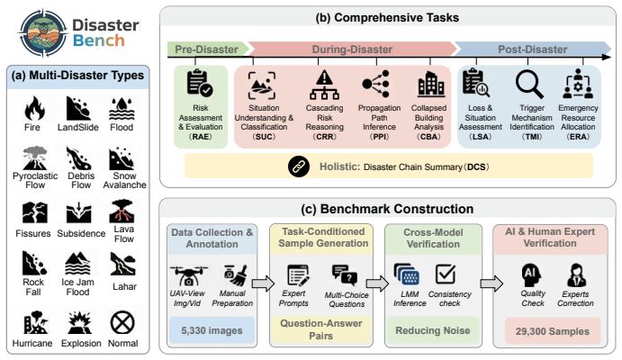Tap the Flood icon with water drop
point(122,109)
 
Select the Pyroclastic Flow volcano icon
point(35,157)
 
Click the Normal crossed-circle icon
point(122,322)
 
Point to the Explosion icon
point(80,323)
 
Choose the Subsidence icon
point(79,213)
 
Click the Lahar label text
point(124,286)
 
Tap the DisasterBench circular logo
point(43,32)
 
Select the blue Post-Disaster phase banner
point(532,49)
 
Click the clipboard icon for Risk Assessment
point(200,83)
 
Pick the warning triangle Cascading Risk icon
point(324,85)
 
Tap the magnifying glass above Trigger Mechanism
point(529,85)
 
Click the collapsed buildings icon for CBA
point(431,84)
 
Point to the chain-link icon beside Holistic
point(299,166)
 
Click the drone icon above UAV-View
point(189,275)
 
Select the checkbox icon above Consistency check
point(446,274)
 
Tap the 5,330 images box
point(212,330)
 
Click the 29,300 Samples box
point(552,331)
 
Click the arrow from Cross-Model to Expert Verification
point(491,283)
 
